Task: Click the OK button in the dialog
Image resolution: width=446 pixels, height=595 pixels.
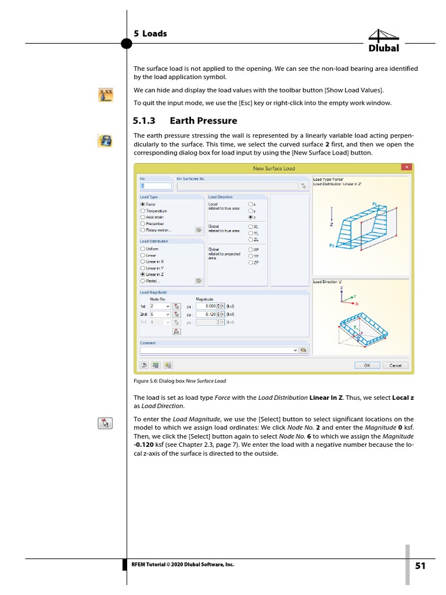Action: click(x=367, y=365)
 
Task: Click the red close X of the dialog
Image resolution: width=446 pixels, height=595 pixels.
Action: click(x=407, y=168)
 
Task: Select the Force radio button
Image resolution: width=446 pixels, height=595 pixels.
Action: click(x=143, y=205)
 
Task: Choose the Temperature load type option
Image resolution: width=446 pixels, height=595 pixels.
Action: click(x=143, y=211)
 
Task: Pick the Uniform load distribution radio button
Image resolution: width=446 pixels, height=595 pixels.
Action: click(x=143, y=249)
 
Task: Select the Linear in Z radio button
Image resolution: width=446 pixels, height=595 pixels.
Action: click(x=143, y=274)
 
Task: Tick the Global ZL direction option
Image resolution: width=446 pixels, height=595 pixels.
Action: click(x=251, y=239)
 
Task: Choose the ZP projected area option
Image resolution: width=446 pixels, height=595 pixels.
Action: click(x=251, y=263)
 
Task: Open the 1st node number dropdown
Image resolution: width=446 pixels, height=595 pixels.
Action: click(x=168, y=306)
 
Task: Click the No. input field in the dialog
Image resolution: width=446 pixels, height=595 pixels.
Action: click(x=156, y=186)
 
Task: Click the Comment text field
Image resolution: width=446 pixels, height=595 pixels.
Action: click(x=218, y=350)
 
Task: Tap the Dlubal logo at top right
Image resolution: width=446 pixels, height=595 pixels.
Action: click(x=384, y=41)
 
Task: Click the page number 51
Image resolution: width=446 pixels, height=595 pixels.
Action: click(x=420, y=566)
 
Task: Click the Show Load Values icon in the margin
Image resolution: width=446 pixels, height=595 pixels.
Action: click(x=106, y=95)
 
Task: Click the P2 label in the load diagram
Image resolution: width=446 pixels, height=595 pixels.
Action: click(x=332, y=246)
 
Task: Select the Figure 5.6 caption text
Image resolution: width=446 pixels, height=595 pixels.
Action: click(x=179, y=381)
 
